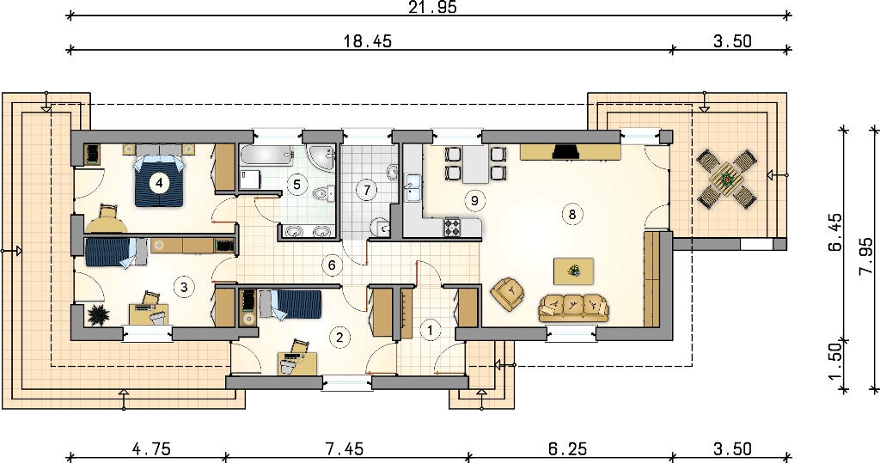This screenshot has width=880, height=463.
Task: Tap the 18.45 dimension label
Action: pos(368,41)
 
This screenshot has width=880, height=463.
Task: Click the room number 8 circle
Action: pos(571,214)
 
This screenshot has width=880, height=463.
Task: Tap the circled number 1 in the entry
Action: pos(431,330)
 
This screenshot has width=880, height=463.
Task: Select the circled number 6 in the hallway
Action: pos(333,265)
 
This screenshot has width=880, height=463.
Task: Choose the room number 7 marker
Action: pos(367,190)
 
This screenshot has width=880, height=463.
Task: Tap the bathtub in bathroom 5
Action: pos(266,155)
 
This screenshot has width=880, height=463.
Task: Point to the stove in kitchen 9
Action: pos(452,228)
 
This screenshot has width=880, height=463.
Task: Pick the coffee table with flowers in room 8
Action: pos(573,271)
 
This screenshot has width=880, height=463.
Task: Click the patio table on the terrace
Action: pos(726,180)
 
